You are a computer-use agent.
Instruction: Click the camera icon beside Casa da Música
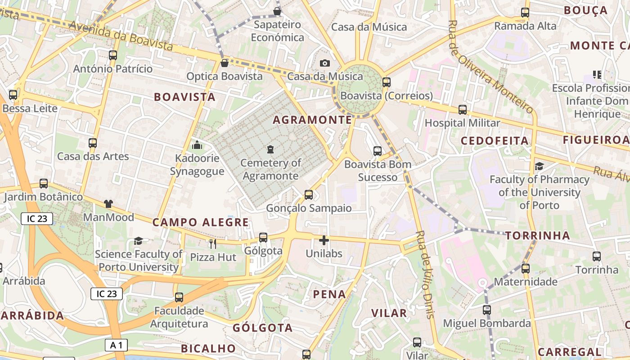[325, 63]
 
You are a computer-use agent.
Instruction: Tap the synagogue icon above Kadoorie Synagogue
[197, 145]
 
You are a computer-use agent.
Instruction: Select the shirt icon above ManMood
[108, 204]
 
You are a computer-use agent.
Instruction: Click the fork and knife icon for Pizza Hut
[213, 244]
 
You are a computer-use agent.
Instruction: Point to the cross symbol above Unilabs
[324, 240]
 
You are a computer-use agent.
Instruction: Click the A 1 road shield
[116, 345]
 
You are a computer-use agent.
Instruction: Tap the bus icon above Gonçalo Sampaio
[309, 195]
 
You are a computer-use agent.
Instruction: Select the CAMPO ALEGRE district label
[200, 222]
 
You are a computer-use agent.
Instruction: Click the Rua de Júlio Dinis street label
[425, 274]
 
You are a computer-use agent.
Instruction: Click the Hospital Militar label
[462, 123]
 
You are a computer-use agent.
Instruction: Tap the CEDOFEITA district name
[495, 141]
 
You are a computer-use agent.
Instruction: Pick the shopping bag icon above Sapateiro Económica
[277, 11]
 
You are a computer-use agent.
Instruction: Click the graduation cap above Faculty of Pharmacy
[539, 166]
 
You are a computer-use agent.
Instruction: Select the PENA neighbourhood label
[330, 295]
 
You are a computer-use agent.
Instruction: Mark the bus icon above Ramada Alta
[525, 13]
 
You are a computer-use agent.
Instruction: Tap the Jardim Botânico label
[44, 197]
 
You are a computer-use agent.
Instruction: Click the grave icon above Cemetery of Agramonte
[270, 149]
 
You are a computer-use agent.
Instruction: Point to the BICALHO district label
[208, 349]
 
